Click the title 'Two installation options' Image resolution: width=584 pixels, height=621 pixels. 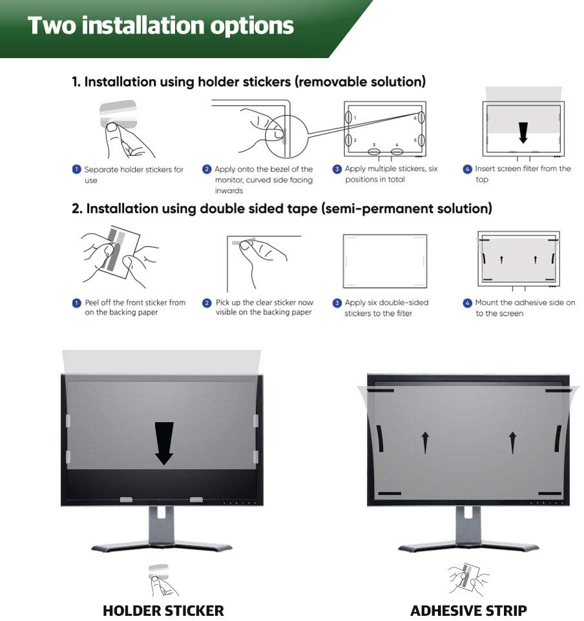(x=161, y=25)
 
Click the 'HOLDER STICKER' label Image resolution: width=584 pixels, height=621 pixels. (x=163, y=610)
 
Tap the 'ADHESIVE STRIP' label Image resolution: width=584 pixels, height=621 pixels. (x=468, y=610)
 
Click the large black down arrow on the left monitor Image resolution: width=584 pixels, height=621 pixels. (x=164, y=443)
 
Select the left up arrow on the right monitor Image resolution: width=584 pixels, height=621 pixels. (x=426, y=442)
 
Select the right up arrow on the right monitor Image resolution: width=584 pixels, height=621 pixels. (x=513, y=442)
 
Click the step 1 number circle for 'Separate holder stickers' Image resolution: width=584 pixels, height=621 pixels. (x=76, y=170)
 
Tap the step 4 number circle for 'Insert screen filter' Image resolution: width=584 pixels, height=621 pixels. (x=468, y=169)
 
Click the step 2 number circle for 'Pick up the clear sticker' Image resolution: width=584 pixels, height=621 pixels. (x=207, y=303)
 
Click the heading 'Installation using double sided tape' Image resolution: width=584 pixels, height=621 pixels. (x=282, y=209)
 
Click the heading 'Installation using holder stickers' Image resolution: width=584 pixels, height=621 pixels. (x=249, y=81)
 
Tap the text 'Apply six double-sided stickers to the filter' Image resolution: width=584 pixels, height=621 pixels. (x=386, y=308)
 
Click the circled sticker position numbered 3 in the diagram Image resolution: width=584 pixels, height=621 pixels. (x=374, y=152)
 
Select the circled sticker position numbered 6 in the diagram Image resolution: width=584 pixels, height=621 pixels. (x=421, y=117)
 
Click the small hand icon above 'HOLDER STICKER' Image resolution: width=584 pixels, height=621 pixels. (x=163, y=580)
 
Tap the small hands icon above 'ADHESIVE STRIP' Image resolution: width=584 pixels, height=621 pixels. (x=468, y=579)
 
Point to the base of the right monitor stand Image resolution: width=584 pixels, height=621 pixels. (x=468, y=547)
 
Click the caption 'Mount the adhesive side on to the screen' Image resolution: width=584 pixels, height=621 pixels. (x=525, y=308)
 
